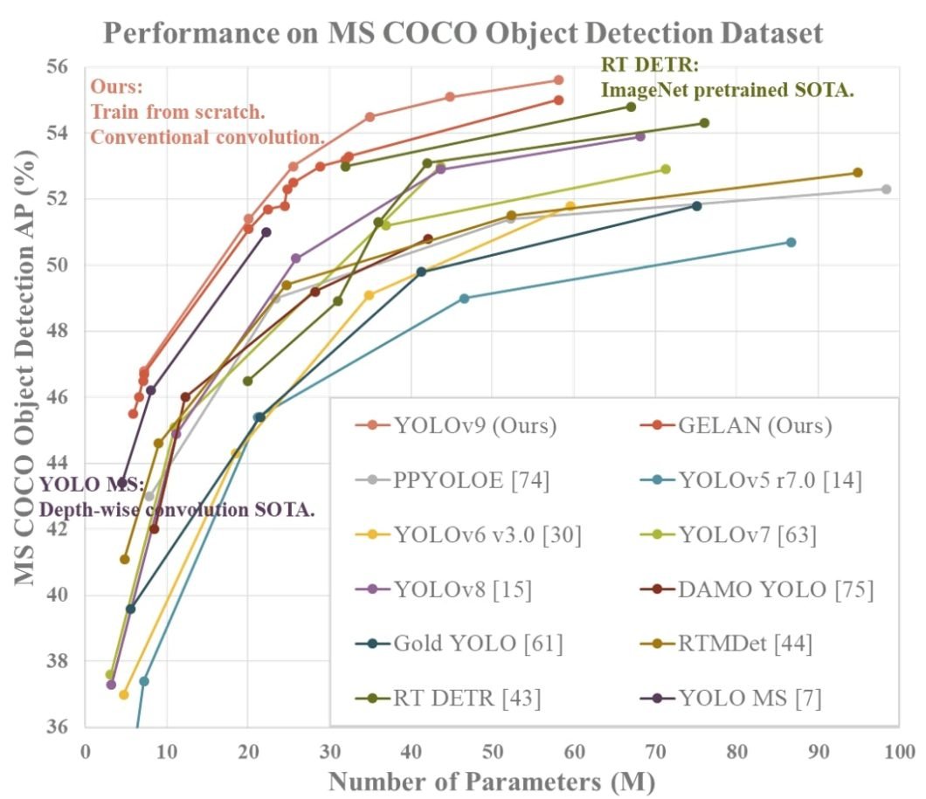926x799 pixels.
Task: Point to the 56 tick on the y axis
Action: click(65, 67)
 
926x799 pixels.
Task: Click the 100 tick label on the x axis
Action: click(898, 751)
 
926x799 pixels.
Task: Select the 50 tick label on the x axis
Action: click(493, 751)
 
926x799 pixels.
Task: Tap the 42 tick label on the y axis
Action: click(65, 529)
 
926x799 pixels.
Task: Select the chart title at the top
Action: click(463, 33)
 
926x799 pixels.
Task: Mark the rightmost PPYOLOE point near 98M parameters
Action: click(886, 189)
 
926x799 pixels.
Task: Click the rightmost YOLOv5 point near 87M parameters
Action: click(791, 242)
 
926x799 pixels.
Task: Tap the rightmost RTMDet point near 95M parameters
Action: click(857, 173)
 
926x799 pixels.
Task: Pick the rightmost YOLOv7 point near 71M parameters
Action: click(665, 169)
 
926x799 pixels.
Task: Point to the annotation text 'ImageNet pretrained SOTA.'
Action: click(725, 88)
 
